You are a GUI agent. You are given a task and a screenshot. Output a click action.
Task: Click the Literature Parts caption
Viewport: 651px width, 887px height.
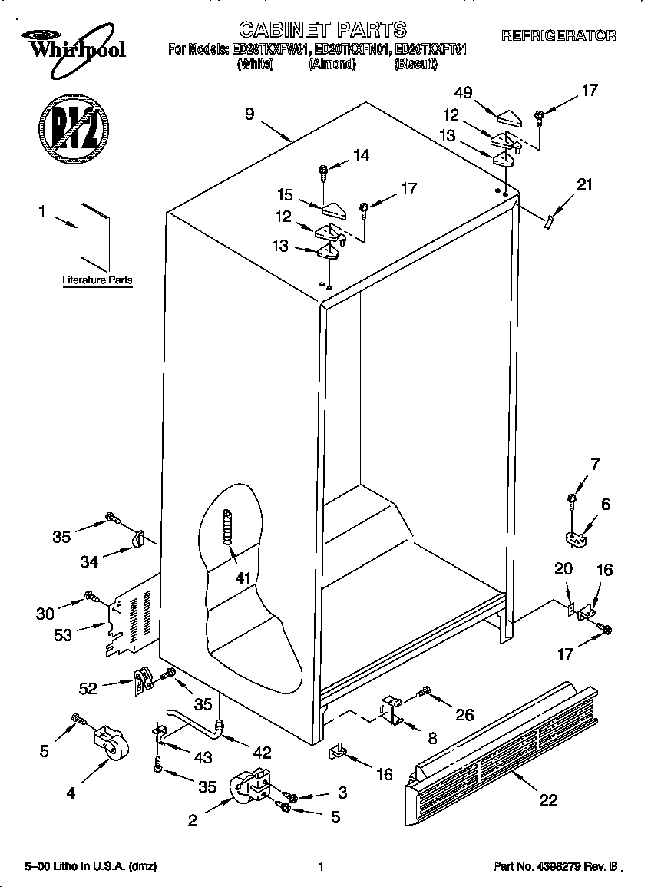pos(97,281)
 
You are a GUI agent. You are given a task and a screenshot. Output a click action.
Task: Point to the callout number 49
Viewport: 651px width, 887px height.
pos(463,92)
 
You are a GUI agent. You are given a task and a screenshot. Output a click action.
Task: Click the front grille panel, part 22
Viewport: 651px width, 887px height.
pos(504,752)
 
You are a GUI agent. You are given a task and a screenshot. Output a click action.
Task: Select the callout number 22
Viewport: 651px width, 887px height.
pos(547,799)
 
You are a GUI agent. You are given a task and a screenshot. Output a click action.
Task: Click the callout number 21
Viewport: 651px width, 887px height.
pos(584,184)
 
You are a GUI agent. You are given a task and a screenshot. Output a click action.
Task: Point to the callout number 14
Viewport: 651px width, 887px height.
pos(360,155)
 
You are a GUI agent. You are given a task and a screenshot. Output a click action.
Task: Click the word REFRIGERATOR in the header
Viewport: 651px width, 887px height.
pos(558,35)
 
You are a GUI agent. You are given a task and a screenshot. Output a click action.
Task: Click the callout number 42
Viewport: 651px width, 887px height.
pos(262,753)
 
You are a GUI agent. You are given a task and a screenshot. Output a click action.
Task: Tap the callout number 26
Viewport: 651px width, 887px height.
pos(464,715)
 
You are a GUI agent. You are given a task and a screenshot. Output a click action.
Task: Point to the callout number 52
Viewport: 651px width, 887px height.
pos(88,689)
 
